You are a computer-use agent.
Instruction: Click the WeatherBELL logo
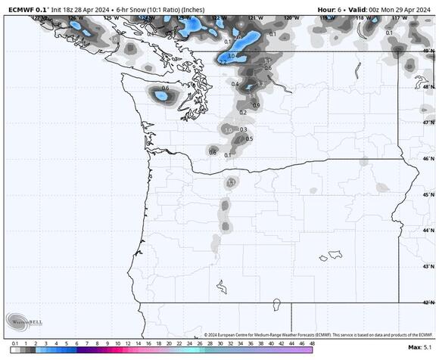[24, 321]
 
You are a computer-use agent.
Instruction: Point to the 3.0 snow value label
[231, 56]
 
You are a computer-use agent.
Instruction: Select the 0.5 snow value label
[249, 138]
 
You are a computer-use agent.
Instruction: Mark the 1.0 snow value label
[229, 130]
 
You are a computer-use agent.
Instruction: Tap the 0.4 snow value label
[235, 84]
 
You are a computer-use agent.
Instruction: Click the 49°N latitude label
[428, 51]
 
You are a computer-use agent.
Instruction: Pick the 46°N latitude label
[428, 159]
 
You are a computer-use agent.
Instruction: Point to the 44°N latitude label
[428, 231]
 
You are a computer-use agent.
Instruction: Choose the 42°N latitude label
[428, 303]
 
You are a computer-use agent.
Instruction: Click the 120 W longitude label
[288, 16]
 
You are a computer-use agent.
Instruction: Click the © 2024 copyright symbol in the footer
[207, 334]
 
